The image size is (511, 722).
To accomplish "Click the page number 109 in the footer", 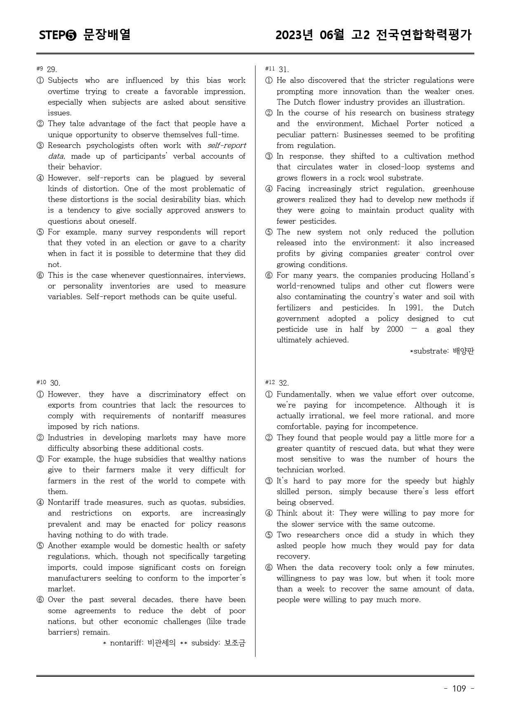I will (x=459, y=689).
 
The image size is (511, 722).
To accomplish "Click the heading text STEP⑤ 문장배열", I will (x=85, y=35).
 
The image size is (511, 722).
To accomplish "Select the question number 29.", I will (x=52, y=70).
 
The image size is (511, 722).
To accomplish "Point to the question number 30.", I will (x=55, y=383).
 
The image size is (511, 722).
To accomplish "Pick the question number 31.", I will (x=284, y=70).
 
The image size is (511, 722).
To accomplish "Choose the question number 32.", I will (x=284, y=383).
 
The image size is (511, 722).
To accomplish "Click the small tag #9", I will (x=40, y=68).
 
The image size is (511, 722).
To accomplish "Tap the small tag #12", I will (x=270, y=382).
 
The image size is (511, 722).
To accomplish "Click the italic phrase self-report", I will (x=226, y=145).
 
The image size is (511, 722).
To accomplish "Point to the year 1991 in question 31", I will (x=413, y=308).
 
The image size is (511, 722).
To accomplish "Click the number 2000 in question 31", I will (x=395, y=329).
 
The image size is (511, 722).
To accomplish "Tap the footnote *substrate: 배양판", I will (x=442, y=351).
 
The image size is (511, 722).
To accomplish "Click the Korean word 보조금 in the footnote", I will (x=234, y=643).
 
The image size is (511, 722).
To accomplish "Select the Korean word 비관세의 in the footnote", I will (x=162, y=643).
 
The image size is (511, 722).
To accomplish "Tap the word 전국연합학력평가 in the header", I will (x=424, y=35).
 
